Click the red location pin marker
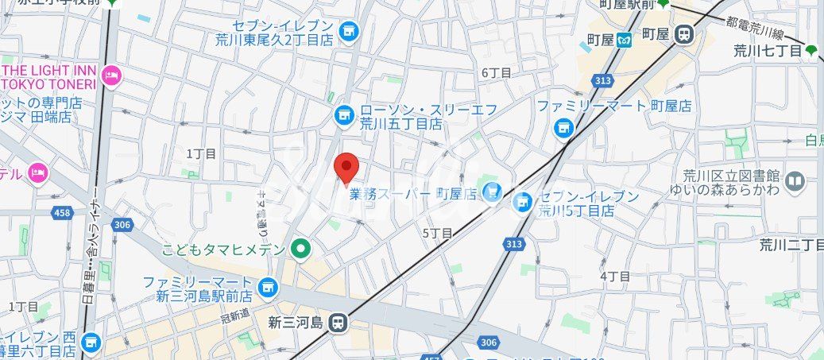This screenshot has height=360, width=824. click(x=346, y=167)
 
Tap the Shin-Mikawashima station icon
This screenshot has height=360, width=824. click(x=338, y=322)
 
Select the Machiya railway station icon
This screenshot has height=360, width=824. click(x=683, y=34)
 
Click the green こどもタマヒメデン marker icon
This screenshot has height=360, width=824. click(x=300, y=250)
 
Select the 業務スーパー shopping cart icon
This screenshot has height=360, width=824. click(x=493, y=192)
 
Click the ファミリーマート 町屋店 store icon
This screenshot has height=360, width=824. click(x=563, y=126)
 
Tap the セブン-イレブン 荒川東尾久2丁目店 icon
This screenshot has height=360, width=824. click(x=347, y=32)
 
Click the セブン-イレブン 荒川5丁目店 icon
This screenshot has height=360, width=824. click(x=522, y=202)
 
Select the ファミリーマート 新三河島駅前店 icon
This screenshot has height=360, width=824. click(x=268, y=285)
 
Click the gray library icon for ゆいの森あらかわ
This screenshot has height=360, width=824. click(x=795, y=182)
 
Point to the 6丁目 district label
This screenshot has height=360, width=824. click(x=497, y=72)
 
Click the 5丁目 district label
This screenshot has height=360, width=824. click(x=437, y=233)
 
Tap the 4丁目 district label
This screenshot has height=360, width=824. click(x=614, y=276)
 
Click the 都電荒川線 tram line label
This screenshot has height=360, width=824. click(x=756, y=28)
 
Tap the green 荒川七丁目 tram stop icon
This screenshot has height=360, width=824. click(x=810, y=51)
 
